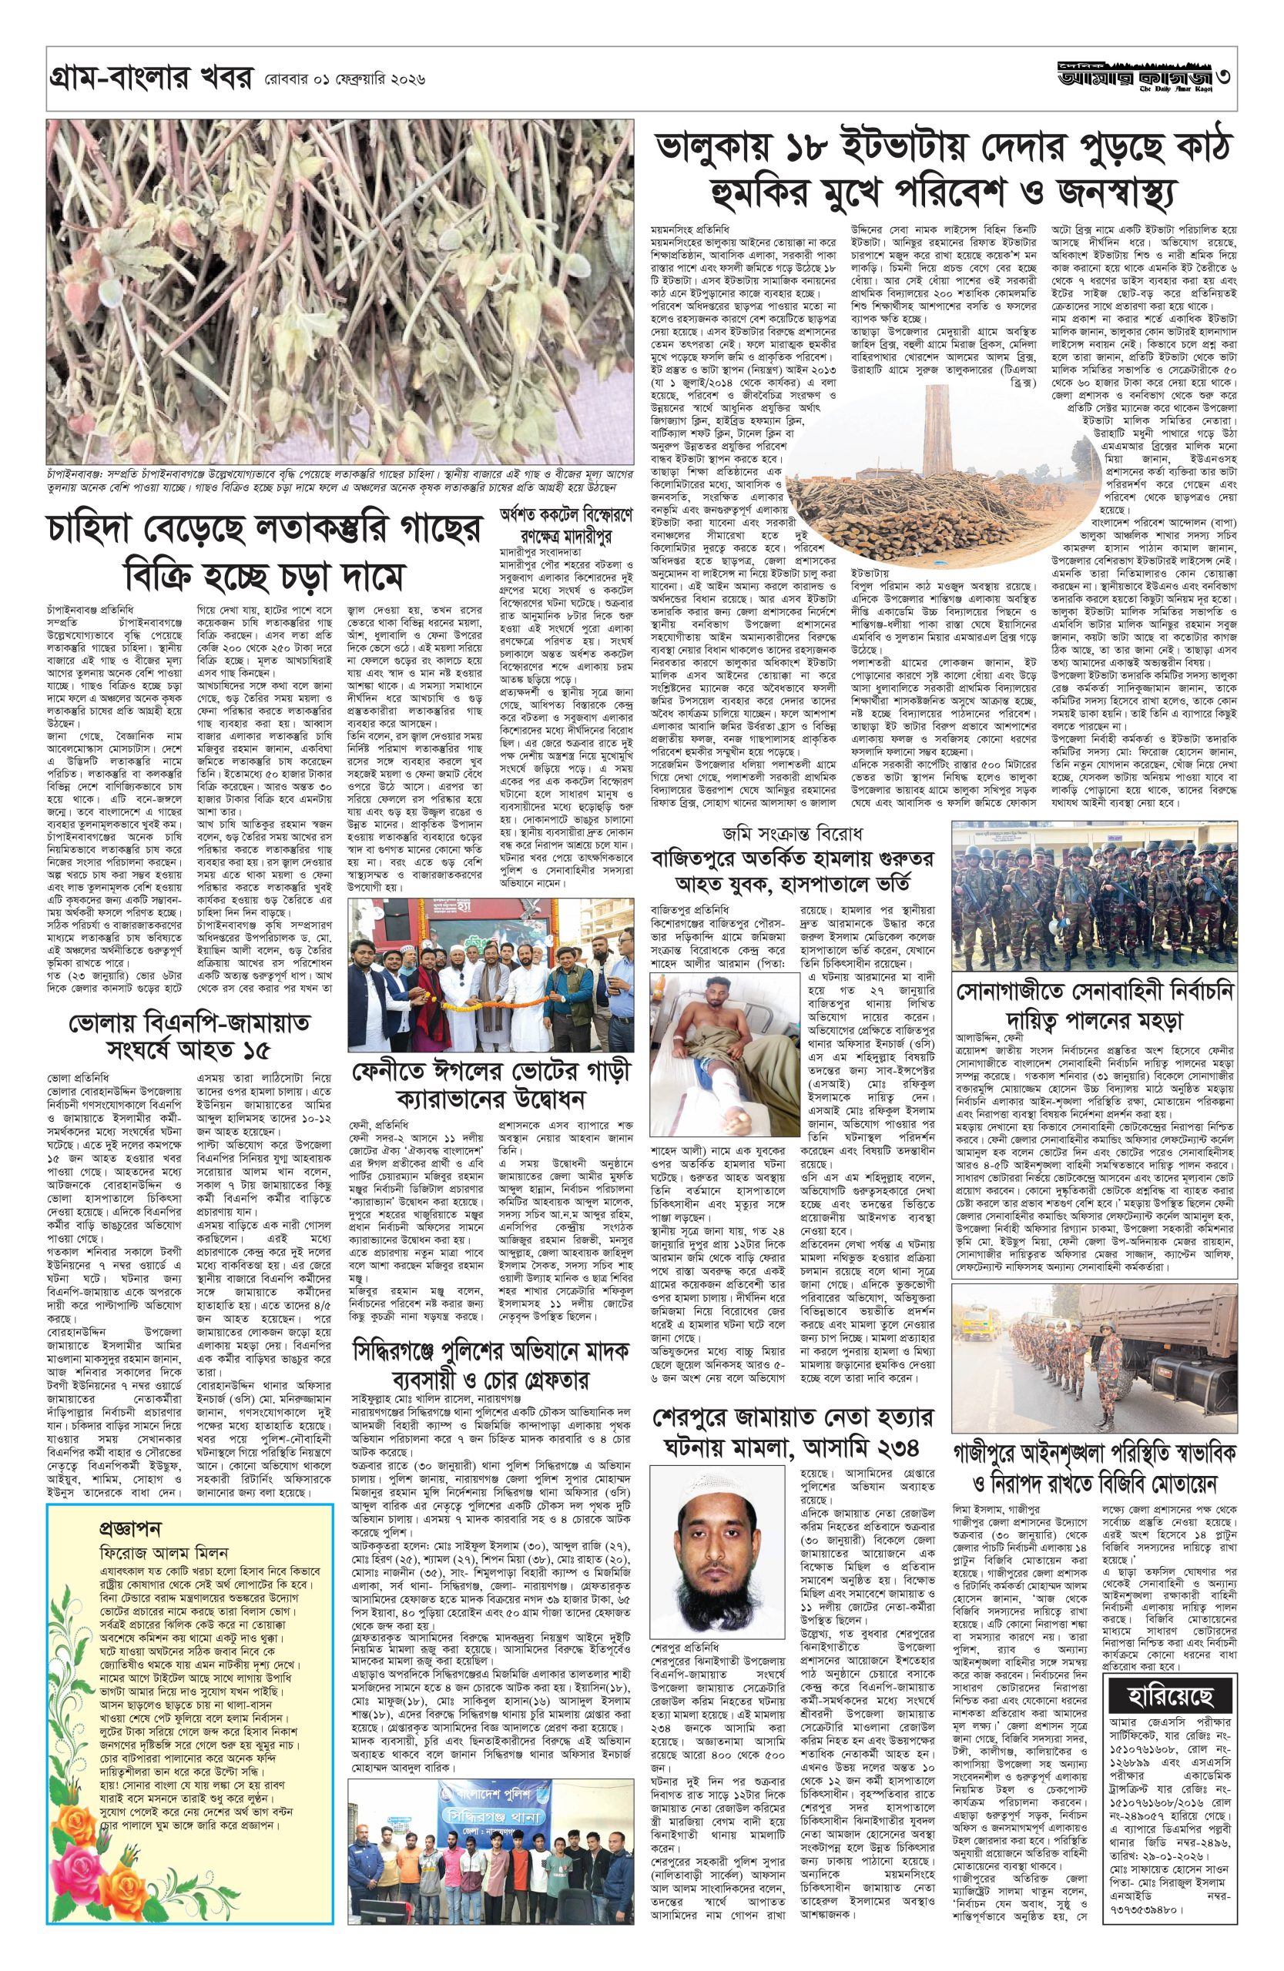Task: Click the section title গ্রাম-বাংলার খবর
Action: (x=146, y=80)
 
